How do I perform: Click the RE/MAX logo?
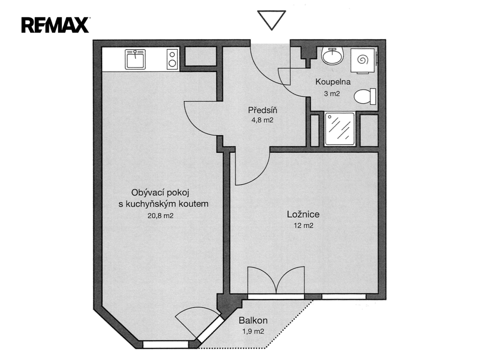[x=55, y=25]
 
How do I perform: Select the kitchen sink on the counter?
[x=135, y=59]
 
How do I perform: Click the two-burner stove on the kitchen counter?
[x=173, y=59]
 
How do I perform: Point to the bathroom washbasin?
[x=332, y=55]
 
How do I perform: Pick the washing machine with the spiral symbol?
[x=363, y=61]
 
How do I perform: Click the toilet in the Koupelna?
[x=365, y=96]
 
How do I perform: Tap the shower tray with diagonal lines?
[x=340, y=129]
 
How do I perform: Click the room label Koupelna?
[x=333, y=82]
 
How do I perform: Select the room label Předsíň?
[x=263, y=110]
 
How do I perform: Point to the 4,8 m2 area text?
[x=262, y=120]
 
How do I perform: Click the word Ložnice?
[x=303, y=214]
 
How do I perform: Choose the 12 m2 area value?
[x=303, y=226]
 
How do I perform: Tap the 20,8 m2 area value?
[x=161, y=216]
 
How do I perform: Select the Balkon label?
[x=253, y=321]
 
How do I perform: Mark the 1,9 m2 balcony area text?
[x=253, y=331]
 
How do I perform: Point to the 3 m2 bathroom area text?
[x=332, y=94]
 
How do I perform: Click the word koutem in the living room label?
[x=194, y=204]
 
